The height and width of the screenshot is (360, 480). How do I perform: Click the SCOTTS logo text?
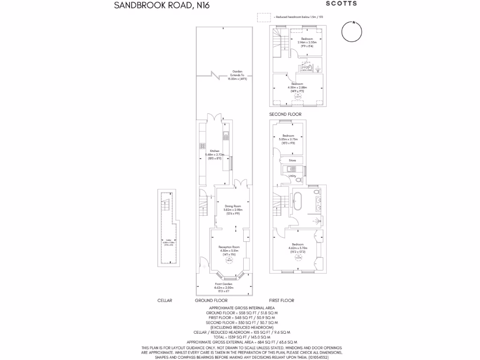point(341,4)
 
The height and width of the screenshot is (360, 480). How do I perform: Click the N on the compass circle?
point(353,22)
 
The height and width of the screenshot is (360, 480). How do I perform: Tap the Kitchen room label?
point(214,151)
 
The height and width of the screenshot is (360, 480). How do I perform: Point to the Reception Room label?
point(230,247)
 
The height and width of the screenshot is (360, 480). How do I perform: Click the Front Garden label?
point(224,285)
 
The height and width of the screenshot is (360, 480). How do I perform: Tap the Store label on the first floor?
point(292,161)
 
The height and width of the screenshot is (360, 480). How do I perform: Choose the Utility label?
point(292,176)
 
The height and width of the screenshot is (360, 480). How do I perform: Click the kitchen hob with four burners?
point(202,145)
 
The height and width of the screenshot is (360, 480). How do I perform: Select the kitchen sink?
point(225,136)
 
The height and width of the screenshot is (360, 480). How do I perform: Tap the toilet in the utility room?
point(299,180)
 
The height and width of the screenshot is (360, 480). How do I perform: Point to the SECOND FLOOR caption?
point(285,114)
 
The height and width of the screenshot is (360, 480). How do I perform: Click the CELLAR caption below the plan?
point(165,300)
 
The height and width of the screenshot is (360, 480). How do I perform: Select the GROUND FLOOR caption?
point(211,300)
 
